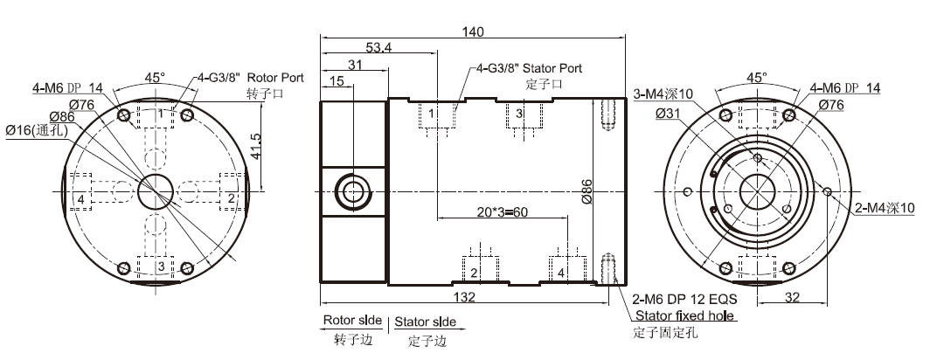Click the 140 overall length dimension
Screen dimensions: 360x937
[473, 31]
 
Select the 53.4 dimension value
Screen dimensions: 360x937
[378, 47]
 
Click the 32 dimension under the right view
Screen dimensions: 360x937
[792, 298]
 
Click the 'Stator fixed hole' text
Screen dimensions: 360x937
[685, 315]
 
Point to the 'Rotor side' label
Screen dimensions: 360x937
[351, 321]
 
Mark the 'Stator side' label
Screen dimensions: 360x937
[424, 322]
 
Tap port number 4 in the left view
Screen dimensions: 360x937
[80, 199]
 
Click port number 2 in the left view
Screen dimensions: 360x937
[231, 199]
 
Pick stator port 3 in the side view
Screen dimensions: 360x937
[518, 114]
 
